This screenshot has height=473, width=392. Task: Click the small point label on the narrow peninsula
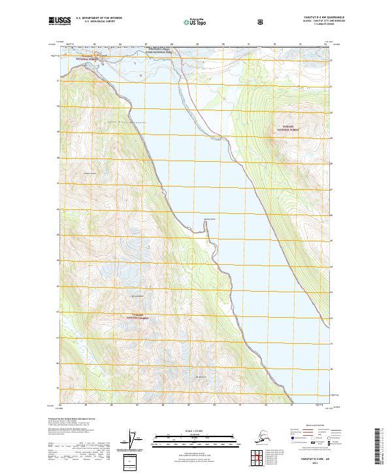(x=208, y=219)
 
